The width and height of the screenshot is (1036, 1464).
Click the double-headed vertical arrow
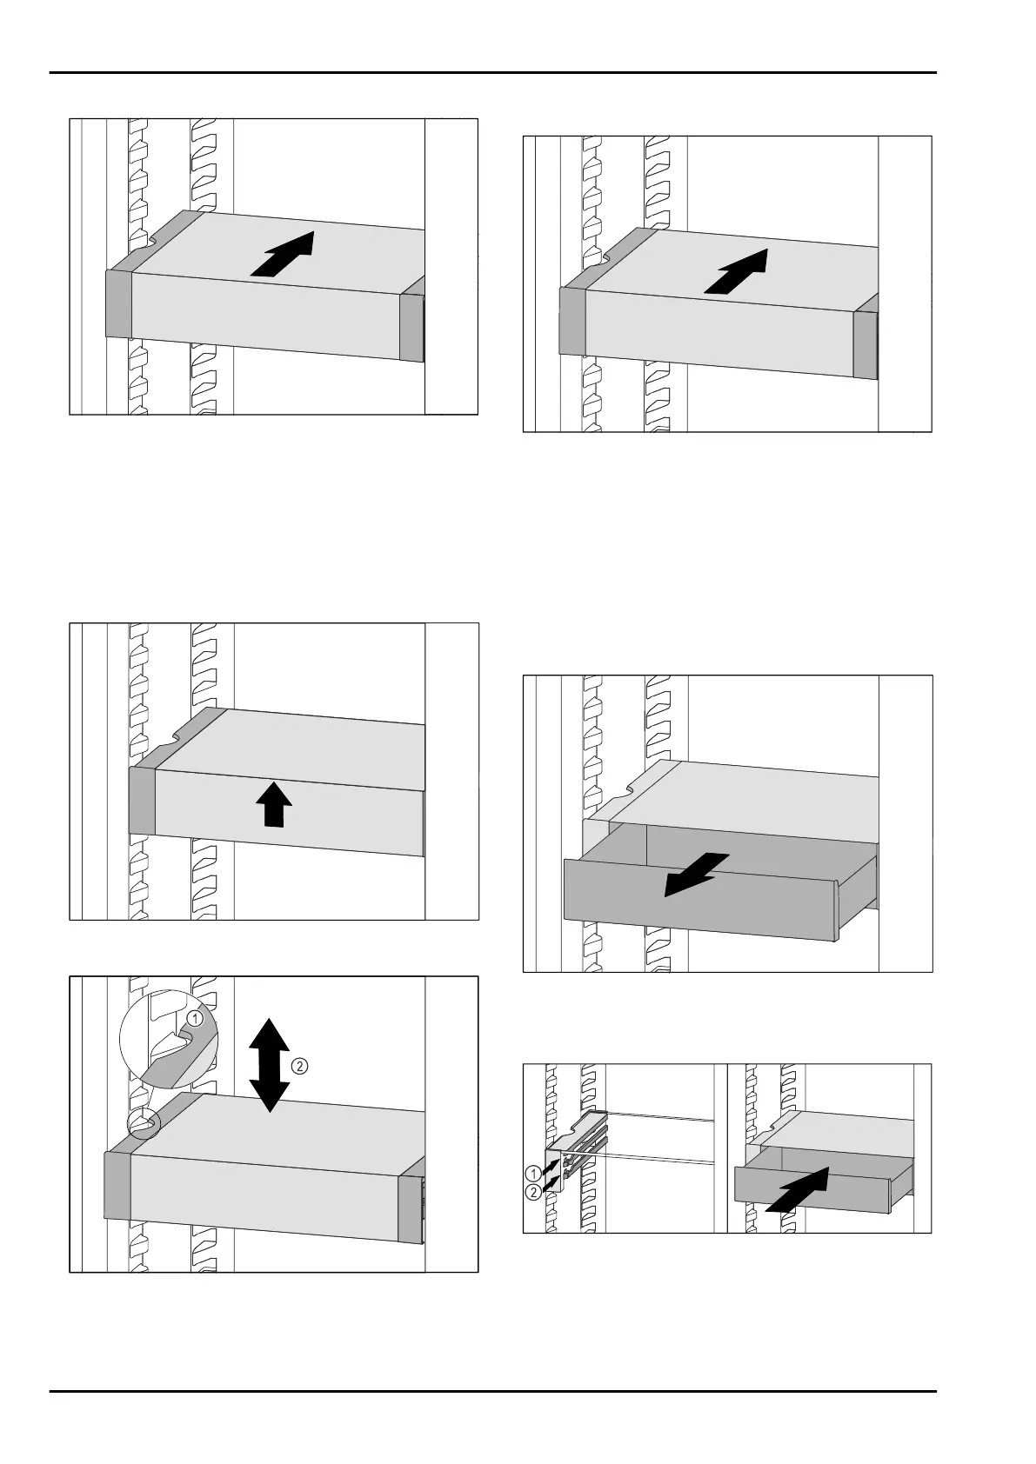270,1065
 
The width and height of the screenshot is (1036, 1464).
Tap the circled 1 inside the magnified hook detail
195,1018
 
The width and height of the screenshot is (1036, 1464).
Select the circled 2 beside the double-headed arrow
299,1066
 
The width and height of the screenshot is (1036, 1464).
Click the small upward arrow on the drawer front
273,804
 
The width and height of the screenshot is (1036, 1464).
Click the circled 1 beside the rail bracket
533,1174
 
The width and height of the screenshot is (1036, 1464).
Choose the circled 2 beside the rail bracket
533,1192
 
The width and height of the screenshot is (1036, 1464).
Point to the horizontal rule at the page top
493,72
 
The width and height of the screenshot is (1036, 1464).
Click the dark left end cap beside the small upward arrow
142,802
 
